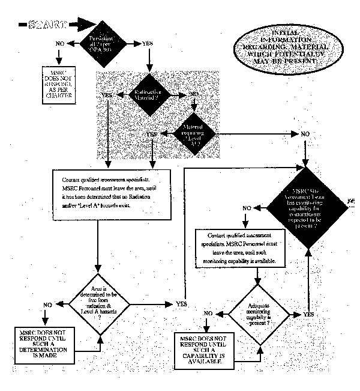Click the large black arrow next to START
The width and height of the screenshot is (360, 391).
(84, 25)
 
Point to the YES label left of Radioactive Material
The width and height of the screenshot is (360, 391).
(109, 95)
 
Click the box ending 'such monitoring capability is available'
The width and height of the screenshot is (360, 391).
(239, 246)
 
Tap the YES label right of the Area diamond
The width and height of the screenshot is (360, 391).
(181, 305)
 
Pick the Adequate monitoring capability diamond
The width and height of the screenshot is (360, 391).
(257, 314)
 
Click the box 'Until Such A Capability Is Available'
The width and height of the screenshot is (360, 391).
(205, 348)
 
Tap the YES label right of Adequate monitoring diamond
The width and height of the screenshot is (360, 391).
(308, 314)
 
